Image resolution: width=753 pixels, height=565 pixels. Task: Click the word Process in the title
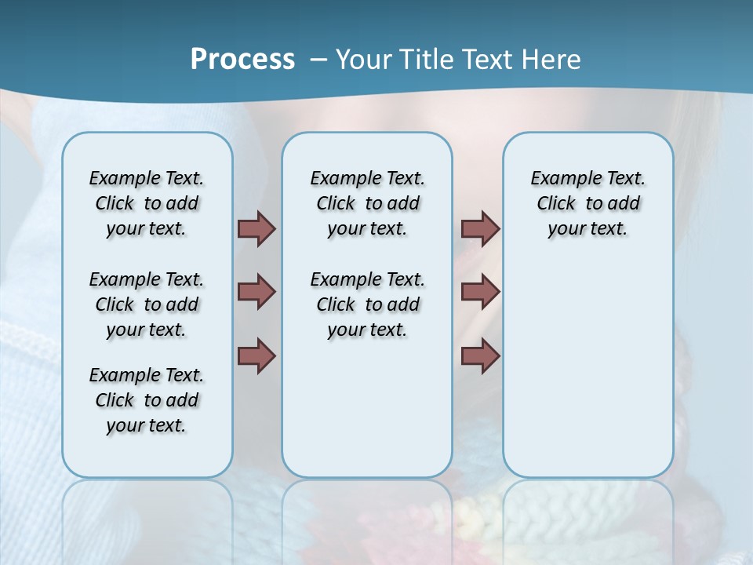click(x=242, y=60)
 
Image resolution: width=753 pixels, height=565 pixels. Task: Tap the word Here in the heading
click(x=552, y=60)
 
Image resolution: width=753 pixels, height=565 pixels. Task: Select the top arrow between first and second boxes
click(x=256, y=228)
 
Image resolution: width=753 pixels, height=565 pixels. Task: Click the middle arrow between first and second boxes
click(x=256, y=292)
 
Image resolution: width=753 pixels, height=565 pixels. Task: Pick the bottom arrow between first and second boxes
click(x=256, y=355)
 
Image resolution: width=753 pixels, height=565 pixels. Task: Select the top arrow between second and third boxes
click(x=480, y=228)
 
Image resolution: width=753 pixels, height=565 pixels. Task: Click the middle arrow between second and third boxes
click(x=480, y=292)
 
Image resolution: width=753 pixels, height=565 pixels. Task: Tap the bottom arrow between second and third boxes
click(x=480, y=355)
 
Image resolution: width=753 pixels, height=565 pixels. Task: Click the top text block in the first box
click(x=147, y=203)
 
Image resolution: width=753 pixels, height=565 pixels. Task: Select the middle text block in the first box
click(x=147, y=304)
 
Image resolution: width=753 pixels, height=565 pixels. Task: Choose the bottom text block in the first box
click(x=147, y=400)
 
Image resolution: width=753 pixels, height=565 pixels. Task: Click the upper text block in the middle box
click(x=367, y=203)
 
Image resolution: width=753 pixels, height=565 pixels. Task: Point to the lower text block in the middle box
click(x=367, y=304)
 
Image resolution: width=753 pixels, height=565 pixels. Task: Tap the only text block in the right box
click(x=588, y=203)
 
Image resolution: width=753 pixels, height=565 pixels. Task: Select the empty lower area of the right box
click(x=588, y=361)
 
